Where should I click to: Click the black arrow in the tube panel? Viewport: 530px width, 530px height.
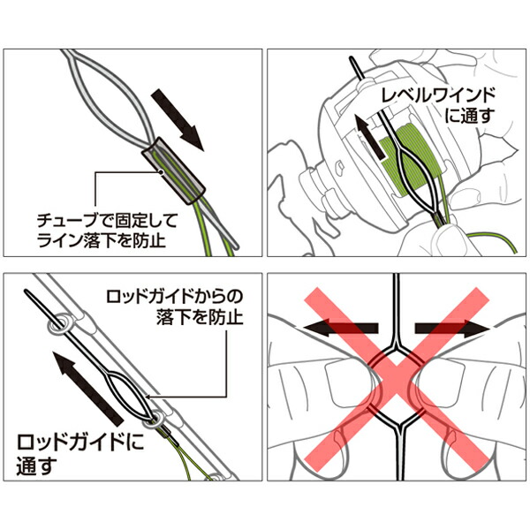pyautogui.click(x=178, y=119)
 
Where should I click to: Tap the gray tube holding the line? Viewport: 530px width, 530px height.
pyautogui.click(x=173, y=171)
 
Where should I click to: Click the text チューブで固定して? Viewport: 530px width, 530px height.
pyautogui.click(x=107, y=221)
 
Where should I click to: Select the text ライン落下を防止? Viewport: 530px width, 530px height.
pyautogui.click(x=102, y=240)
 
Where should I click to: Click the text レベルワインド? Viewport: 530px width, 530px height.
pyautogui.click(x=438, y=95)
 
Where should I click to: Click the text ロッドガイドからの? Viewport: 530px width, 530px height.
pyautogui.click(x=174, y=297)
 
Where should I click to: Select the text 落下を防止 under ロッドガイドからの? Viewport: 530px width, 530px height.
pyautogui.click(x=200, y=317)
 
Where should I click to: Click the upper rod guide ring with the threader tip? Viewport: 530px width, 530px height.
pyautogui.click(x=58, y=324)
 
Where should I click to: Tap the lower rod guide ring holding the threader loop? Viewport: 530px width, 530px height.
pyautogui.click(x=154, y=419)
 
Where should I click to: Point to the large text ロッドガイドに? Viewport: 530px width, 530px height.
pyautogui.click(x=80, y=443)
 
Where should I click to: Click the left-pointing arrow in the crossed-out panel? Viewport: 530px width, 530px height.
pyautogui.click(x=341, y=329)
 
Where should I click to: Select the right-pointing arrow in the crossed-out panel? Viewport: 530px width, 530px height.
pyautogui.click(x=452, y=329)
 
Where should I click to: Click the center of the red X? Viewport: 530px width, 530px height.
pyautogui.click(x=397, y=376)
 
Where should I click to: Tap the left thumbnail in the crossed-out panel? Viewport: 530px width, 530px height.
pyautogui.click(x=350, y=382)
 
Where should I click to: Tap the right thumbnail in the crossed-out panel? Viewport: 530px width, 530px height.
pyautogui.click(x=440, y=382)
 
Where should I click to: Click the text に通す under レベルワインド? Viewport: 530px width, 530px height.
pyautogui.click(x=470, y=115)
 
